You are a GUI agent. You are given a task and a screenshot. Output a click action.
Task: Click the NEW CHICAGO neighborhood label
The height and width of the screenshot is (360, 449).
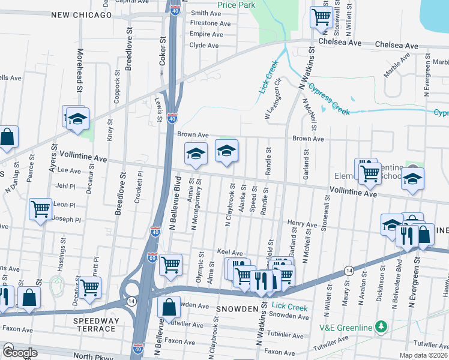pos(82,15)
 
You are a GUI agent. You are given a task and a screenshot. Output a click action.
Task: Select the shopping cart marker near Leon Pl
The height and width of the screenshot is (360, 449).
pos(40,210)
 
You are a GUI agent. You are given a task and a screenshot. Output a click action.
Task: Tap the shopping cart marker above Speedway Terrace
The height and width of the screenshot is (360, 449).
pos(89,287)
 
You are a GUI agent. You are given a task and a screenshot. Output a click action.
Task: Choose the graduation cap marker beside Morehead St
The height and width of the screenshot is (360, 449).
pos(77,119)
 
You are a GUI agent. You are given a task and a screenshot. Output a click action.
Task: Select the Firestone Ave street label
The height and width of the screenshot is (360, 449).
pos(210,23)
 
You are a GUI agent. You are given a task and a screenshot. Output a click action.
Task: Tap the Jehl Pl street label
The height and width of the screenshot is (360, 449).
pos(67,186)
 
